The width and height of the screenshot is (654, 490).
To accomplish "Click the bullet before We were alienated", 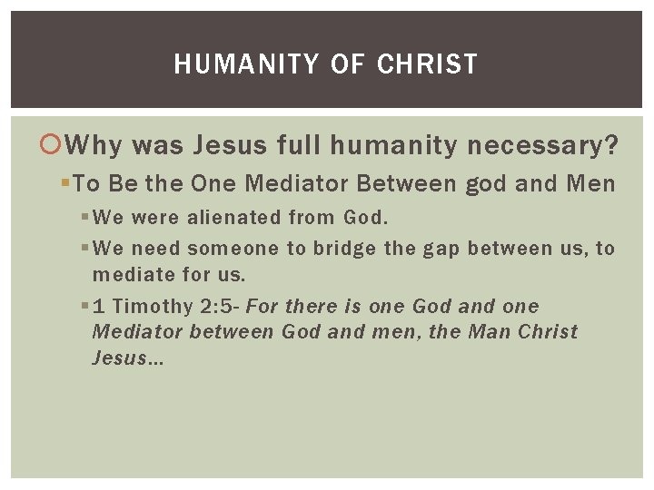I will pyautogui.click(x=84, y=218).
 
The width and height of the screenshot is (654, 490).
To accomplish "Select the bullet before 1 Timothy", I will pyautogui.click(x=84, y=307).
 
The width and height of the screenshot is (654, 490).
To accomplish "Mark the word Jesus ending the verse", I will pyautogui.click(x=124, y=358).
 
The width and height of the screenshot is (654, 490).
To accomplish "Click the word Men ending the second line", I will pyautogui.click(x=590, y=184).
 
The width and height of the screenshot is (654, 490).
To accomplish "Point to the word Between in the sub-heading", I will pyautogui.click(x=406, y=184).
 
